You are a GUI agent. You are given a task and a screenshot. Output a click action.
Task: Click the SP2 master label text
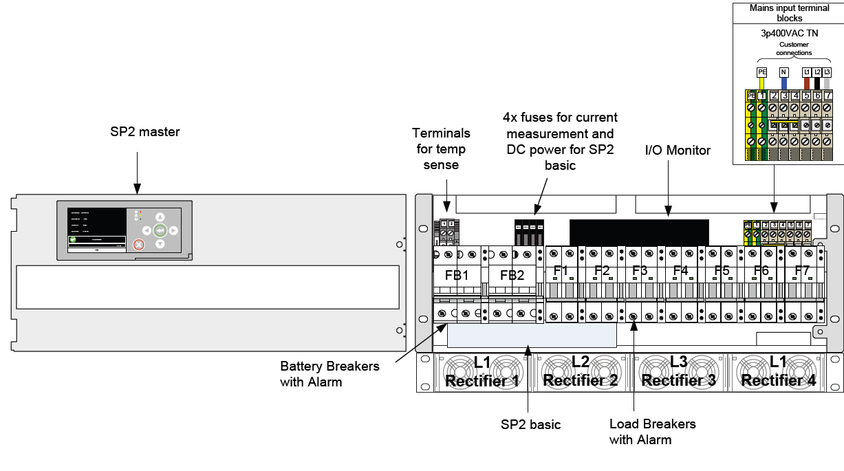click(144, 131)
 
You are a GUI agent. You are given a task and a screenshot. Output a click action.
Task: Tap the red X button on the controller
click(139, 244)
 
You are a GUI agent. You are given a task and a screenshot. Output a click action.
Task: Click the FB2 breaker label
click(512, 276)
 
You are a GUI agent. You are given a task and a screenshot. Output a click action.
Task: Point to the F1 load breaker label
click(561, 271)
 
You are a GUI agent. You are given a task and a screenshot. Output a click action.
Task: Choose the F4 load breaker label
click(680, 271)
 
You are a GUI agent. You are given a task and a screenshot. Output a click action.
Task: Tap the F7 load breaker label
click(802, 271)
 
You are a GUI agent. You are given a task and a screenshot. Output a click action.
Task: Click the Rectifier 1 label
click(482, 381)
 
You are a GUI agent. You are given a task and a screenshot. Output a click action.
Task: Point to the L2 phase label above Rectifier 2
click(581, 362)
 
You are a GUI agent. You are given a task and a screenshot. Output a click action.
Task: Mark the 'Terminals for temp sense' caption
click(441, 149)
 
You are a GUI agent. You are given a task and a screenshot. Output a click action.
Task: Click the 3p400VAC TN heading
click(789, 33)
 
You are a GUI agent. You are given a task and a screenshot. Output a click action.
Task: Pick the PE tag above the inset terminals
click(761, 72)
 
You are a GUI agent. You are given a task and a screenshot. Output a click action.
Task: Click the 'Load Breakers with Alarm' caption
click(652, 432)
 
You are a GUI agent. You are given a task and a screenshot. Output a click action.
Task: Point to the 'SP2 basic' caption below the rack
click(530, 424)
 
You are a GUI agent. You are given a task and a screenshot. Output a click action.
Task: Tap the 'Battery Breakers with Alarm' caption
click(329, 374)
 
